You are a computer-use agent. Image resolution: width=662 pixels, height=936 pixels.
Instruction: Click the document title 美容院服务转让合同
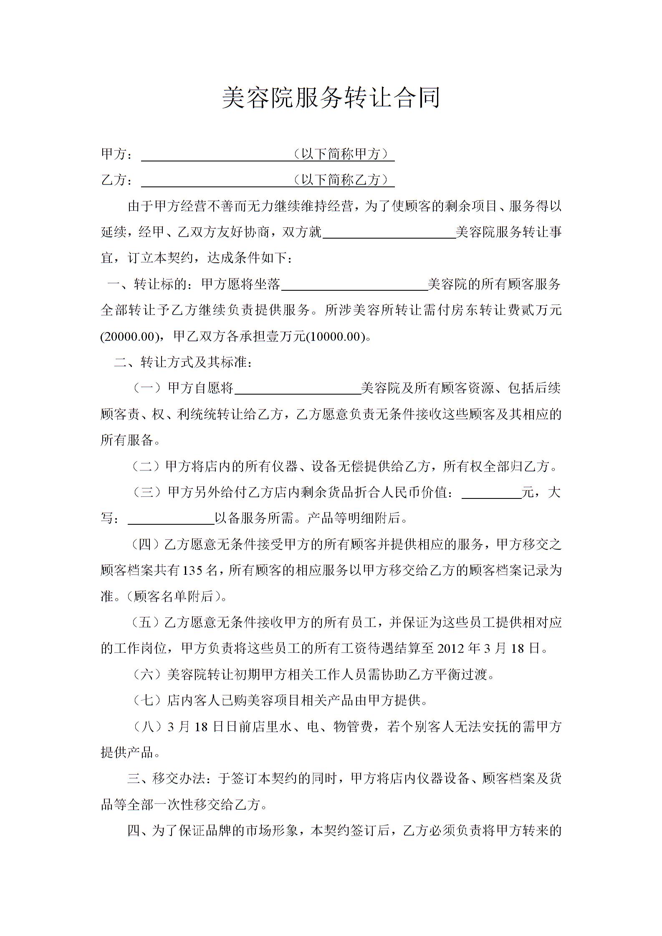[331, 98]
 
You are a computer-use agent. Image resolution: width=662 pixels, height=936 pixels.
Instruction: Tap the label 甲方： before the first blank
[118, 154]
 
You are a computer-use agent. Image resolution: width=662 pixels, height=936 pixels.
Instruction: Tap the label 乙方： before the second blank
[118, 180]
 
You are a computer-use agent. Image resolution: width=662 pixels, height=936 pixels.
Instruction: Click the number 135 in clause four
[193, 571]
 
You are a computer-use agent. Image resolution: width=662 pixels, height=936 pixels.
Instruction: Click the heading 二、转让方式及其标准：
[183, 362]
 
